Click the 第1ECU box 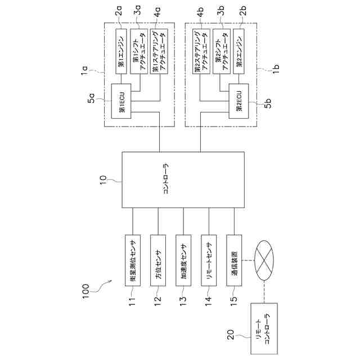pyautogui.click(x=121, y=101)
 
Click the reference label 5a pyautogui.click(x=91, y=97)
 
